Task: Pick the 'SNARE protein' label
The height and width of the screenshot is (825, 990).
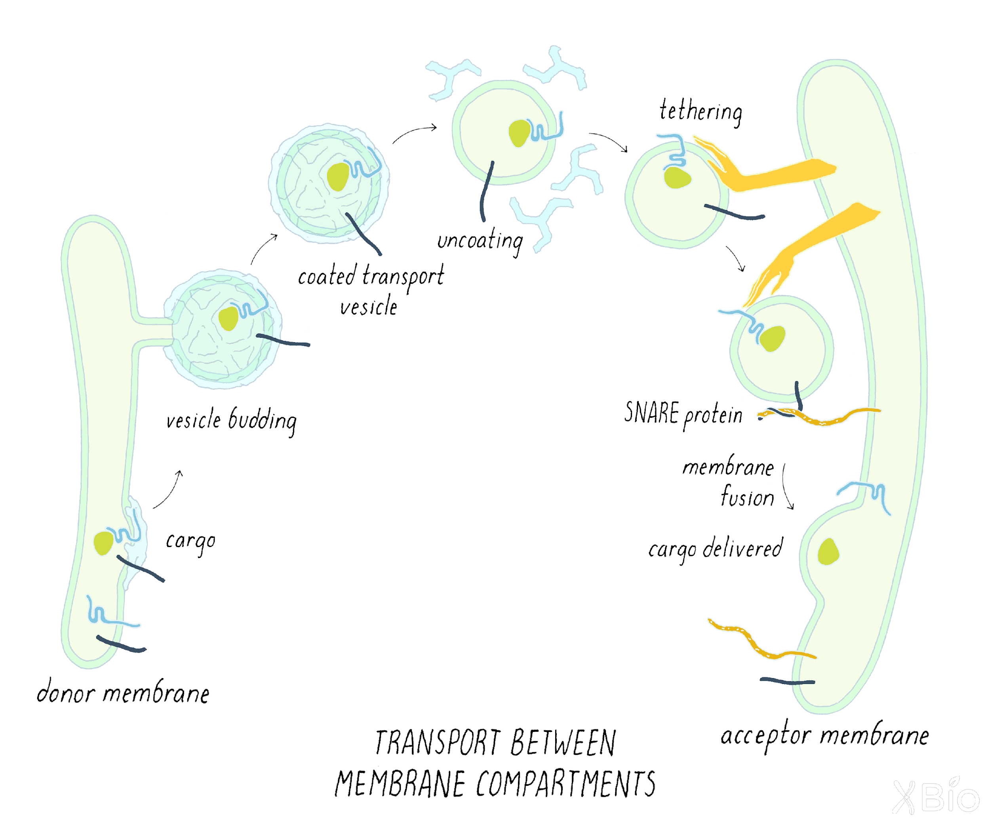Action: pos(683,414)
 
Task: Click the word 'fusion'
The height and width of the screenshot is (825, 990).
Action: pos(747,497)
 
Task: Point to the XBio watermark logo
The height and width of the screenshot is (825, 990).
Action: pos(936,797)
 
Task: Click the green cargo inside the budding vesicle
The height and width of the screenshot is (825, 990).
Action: pos(228,319)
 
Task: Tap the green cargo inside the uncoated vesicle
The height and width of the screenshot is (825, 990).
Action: pos(520,133)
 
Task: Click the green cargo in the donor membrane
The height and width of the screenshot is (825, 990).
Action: pos(103,543)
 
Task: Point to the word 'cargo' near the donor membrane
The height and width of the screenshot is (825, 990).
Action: pos(190,541)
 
